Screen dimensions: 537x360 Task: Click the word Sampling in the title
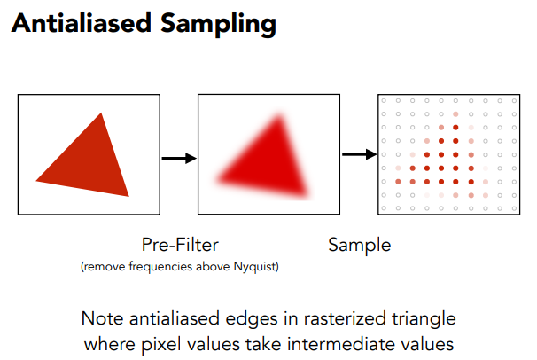(x=214, y=25)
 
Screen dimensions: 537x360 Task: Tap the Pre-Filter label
(x=180, y=244)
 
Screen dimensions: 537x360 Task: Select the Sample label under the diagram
(x=359, y=244)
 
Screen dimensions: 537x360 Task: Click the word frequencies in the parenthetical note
(x=157, y=265)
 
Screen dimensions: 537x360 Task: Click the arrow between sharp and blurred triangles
(x=177, y=158)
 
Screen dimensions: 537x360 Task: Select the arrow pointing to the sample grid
(x=359, y=154)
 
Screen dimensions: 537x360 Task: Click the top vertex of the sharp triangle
(x=102, y=113)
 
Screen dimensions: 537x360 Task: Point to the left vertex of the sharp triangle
(x=35, y=174)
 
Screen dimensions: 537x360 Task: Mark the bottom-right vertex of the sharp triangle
(x=128, y=196)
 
